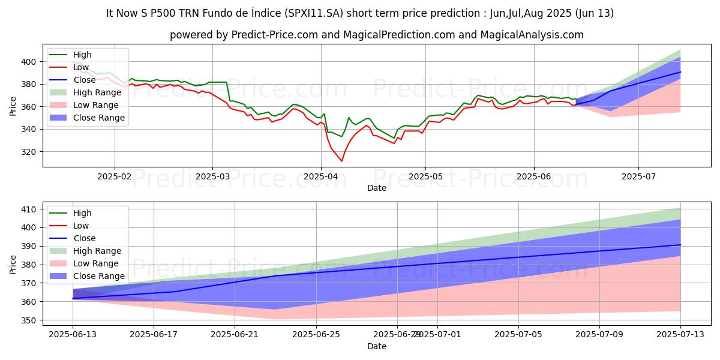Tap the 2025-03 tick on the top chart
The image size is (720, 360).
click(x=212, y=177)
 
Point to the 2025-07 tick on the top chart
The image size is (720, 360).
click(x=638, y=177)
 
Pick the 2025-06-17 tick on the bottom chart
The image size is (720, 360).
click(x=154, y=335)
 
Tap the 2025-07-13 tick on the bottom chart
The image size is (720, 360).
click(x=680, y=335)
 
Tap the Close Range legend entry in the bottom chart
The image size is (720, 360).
click(x=99, y=276)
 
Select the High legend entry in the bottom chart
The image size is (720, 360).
click(x=82, y=213)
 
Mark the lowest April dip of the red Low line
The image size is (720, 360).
click(x=341, y=161)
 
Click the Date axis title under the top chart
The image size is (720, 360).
click(x=376, y=188)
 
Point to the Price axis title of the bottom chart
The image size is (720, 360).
click(x=13, y=264)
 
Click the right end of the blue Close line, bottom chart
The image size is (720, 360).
click(x=680, y=245)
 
